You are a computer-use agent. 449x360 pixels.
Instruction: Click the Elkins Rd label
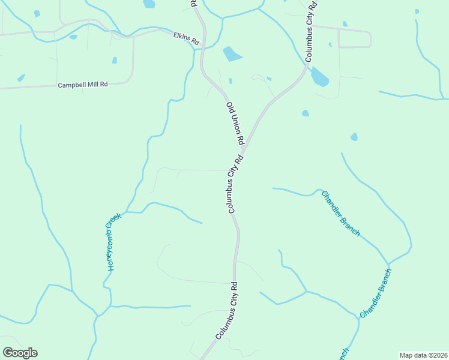click(x=186, y=38)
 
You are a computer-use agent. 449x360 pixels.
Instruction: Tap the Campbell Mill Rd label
click(x=83, y=85)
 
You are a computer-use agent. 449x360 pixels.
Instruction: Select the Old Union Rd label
click(x=235, y=123)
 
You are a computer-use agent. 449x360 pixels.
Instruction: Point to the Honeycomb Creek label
click(x=113, y=242)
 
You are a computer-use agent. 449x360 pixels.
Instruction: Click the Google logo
click(x=20, y=353)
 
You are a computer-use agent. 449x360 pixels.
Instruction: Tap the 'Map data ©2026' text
click(x=423, y=355)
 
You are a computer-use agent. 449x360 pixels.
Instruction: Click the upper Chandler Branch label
click(x=340, y=214)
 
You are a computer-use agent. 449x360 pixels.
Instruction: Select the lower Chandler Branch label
click(x=376, y=293)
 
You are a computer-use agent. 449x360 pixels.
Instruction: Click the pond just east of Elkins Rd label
click(x=232, y=55)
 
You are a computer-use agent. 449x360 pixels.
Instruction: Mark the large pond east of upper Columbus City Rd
click(x=319, y=77)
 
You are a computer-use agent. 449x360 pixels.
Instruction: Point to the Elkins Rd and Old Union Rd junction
click(x=202, y=47)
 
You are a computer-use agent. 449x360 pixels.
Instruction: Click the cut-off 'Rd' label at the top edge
click(x=193, y=4)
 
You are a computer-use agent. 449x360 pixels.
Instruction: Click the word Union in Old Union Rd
click(x=235, y=123)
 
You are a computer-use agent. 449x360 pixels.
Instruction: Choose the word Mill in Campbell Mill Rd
click(x=93, y=85)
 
